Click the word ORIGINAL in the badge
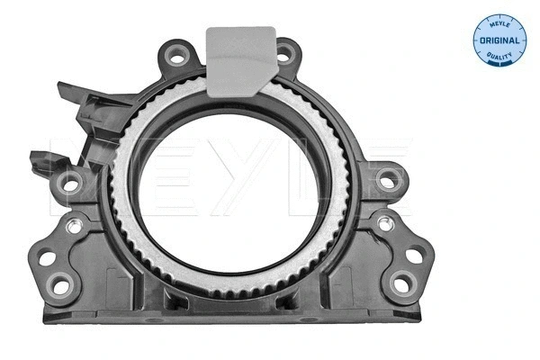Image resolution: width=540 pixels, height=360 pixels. [499, 40]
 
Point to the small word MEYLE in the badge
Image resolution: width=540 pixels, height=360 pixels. [499, 24]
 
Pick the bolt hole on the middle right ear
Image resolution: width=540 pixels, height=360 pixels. [388, 181]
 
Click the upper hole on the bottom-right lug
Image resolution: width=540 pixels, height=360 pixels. [412, 256]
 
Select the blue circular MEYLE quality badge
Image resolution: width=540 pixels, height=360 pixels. [499, 40]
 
